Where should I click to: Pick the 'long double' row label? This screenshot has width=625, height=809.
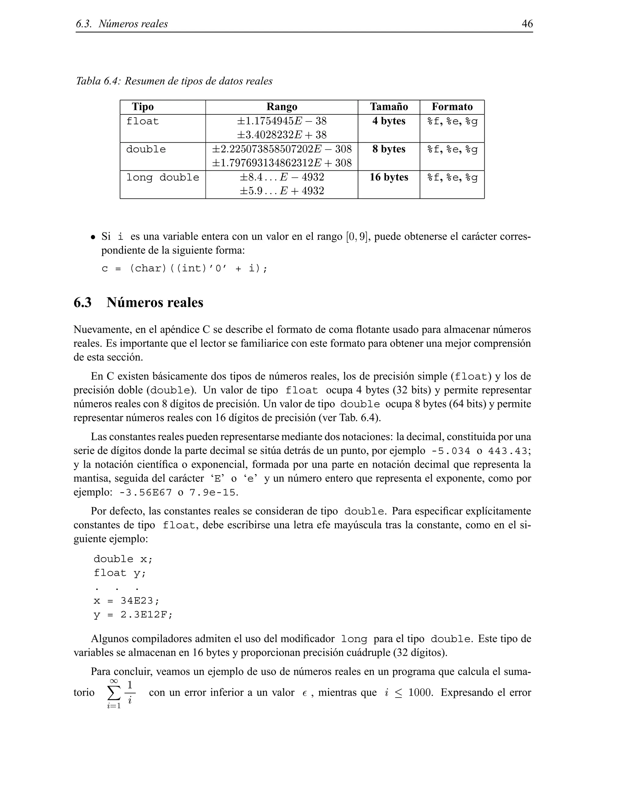(163, 177)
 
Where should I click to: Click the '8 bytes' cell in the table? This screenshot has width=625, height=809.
(388, 149)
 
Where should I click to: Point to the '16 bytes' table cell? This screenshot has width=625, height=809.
(388, 177)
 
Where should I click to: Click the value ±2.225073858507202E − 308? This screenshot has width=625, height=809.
(281, 149)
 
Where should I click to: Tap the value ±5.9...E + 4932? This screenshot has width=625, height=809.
(281, 191)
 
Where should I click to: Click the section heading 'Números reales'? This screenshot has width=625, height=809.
(155, 303)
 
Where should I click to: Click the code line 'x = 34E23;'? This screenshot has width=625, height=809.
(126, 601)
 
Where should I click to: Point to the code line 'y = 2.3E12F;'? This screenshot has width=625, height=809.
(133, 615)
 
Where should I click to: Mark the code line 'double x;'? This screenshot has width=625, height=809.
(123, 559)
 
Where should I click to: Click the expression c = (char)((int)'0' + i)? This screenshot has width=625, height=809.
(184, 268)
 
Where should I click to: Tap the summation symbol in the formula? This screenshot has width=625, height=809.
(114, 692)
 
